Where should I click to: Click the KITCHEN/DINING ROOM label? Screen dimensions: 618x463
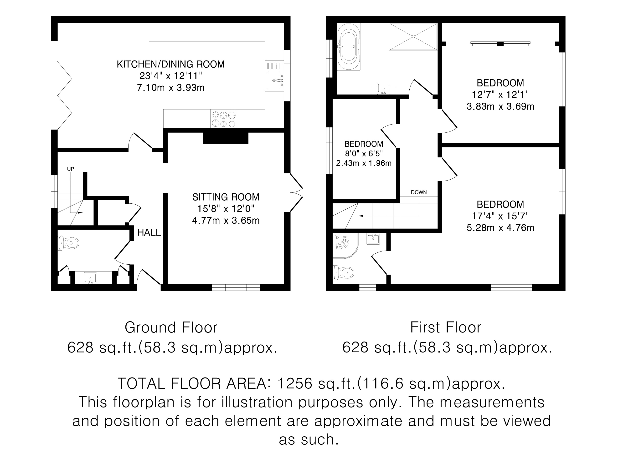(170, 64)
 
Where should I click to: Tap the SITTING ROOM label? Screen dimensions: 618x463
(226, 197)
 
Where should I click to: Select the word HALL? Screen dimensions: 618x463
(149, 232)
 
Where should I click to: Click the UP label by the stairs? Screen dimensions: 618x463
(70, 169)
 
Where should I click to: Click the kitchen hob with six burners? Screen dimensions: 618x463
(224, 119)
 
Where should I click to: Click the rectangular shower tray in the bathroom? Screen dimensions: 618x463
(413, 37)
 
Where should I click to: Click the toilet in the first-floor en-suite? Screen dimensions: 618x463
(344, 272)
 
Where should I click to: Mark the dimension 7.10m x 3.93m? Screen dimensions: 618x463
(171, 88)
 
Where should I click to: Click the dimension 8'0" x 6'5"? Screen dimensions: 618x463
(364, 153)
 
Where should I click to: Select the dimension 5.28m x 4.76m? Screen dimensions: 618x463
(500, 228)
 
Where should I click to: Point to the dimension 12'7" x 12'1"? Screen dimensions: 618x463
(500, 95)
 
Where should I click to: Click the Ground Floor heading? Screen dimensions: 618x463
(171, 327)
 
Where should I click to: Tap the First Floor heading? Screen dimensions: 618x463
(446, 327)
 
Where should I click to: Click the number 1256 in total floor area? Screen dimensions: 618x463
(294, 383)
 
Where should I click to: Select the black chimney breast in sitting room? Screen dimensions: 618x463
(226, 138)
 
